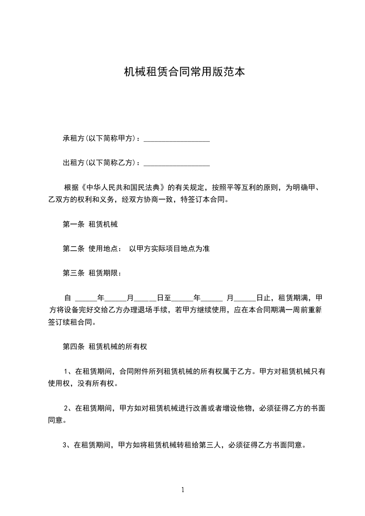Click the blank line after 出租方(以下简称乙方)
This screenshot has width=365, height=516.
point(177,163)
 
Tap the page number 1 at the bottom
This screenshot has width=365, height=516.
point(183,489)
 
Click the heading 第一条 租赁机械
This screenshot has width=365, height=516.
point(90,224)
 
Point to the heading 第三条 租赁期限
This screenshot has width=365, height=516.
point(92,273)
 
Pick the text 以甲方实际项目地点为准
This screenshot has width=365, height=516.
point(169,249)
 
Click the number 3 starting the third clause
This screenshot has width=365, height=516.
point(64,445)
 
